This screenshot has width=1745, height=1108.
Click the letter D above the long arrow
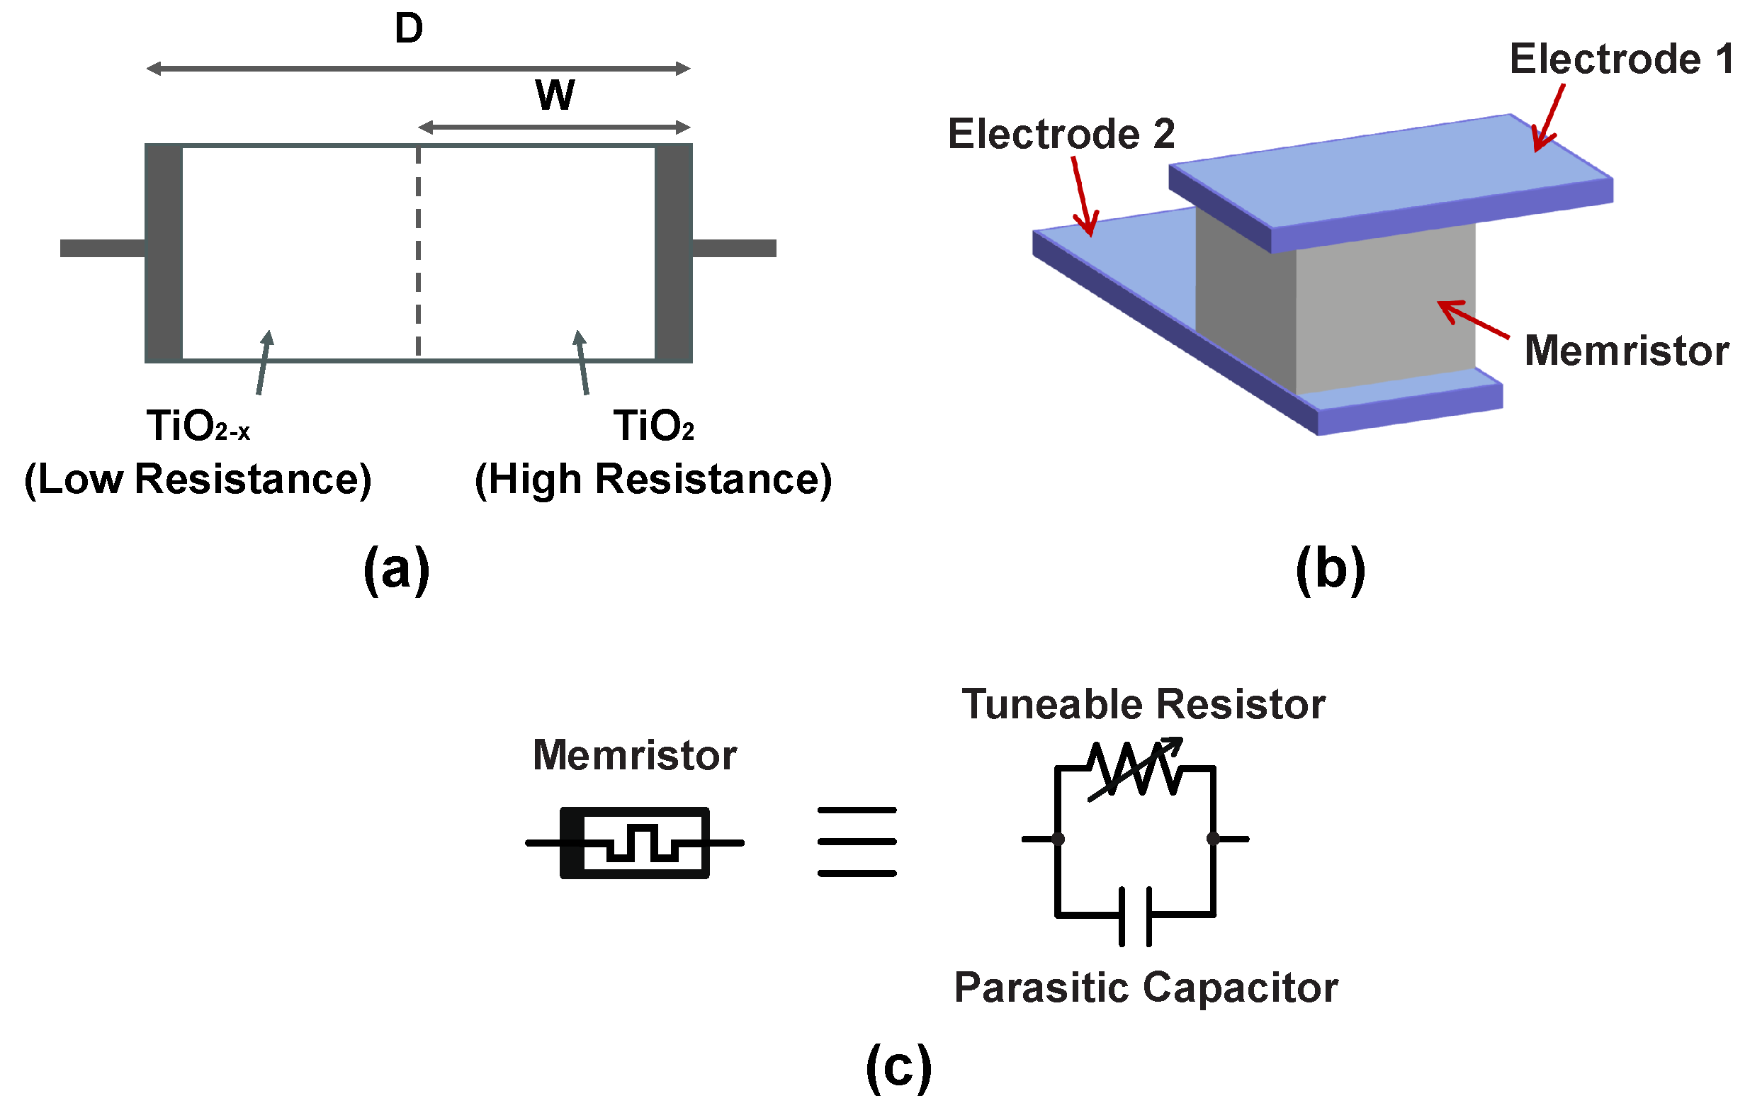coord(409,29)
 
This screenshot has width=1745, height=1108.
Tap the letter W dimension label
coord(555,95)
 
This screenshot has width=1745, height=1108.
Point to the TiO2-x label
coord(198,425)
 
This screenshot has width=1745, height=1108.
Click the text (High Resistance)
coord(653,480)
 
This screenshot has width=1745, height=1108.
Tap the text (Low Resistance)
coord(198,480)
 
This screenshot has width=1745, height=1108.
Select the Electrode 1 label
coord(1620,59)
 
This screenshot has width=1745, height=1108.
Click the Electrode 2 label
coord(1061,134)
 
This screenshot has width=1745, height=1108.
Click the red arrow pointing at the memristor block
coord(1474,320)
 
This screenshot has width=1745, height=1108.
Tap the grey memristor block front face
coord(1385,312)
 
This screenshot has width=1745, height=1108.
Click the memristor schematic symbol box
coord(635,842)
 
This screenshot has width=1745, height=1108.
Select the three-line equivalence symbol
coord(857,842)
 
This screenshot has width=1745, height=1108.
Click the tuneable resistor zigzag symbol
coord(1135,769)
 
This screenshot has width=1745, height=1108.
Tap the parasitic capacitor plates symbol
coord(1135,916)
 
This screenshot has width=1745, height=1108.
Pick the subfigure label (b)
coord(1331,570)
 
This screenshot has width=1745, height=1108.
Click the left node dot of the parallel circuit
coord(1058,840)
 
